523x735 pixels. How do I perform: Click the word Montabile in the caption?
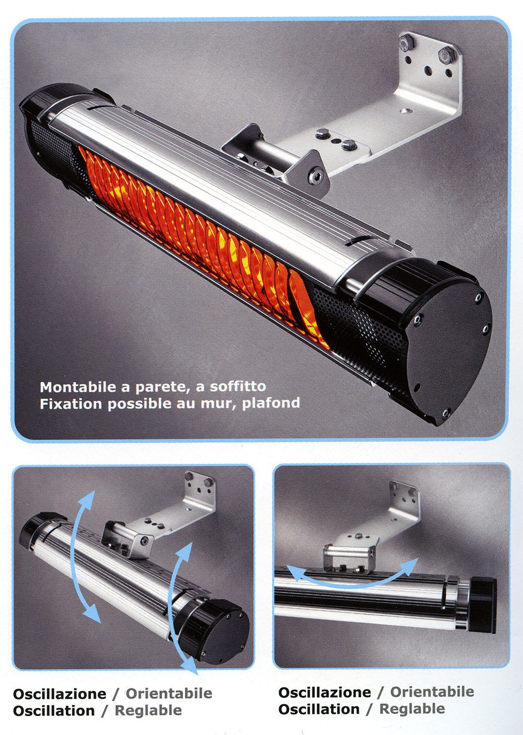coord(77,387)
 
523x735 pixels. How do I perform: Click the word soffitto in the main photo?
coord(238,387)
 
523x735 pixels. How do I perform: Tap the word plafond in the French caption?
coord(271,403)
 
